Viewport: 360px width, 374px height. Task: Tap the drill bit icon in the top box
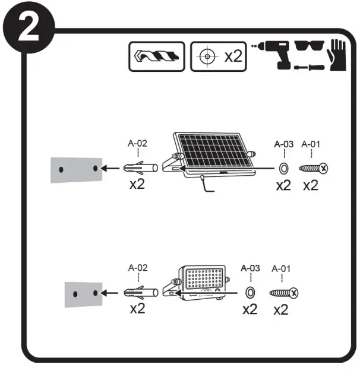[157, 57]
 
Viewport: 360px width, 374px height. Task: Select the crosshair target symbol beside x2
[206, 57]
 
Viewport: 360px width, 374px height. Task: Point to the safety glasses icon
[304, 49]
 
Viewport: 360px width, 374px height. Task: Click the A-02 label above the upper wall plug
[138, 143]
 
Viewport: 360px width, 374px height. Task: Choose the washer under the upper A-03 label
[283, 168]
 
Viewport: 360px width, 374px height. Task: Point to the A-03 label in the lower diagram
[250, 268]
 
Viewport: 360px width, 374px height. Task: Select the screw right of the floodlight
[283, 292]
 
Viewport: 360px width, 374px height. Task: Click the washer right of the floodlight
[250, 292]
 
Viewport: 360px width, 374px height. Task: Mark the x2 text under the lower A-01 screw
[282, 310]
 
